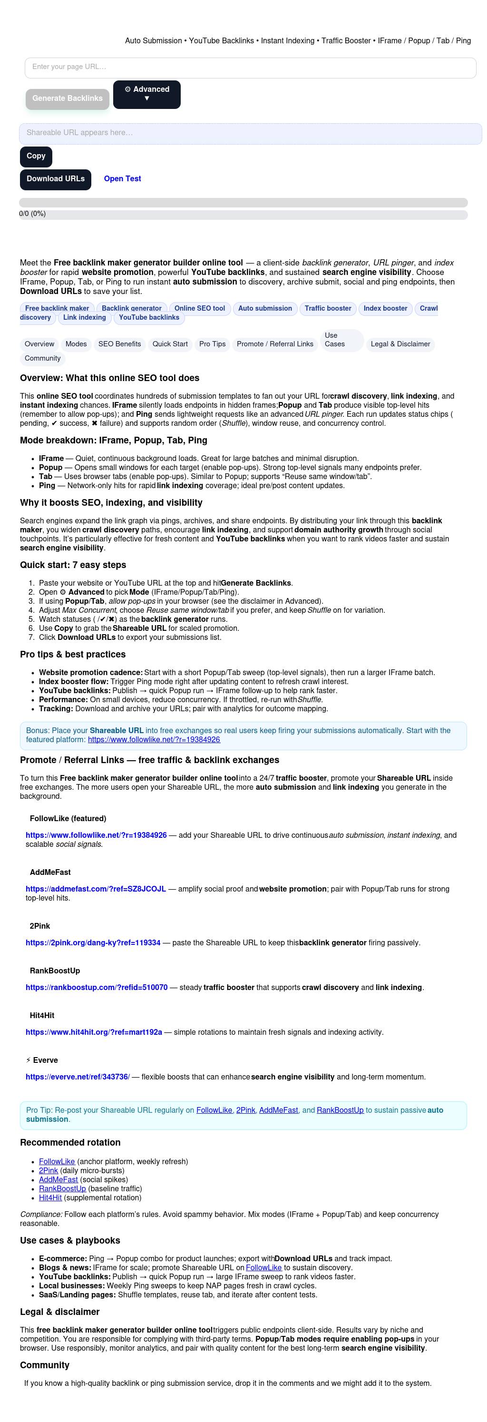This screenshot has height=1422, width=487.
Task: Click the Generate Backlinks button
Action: pyautogui.click(x=67, y=98)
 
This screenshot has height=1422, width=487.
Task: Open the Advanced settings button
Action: pyautogui.click(x=146, y=94)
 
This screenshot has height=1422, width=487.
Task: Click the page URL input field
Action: pyautogui.click(x=250, y=68)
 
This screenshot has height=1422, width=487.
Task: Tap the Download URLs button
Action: pyautogui.click(x=55, y=179)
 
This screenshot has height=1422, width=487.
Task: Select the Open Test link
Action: pyautogui.click(x=122, y=179)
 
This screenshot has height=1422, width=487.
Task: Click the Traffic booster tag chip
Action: pyautogui.click(x=328, y=309)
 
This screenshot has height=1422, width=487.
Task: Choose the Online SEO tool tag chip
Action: pyautogui.click(x=200, y=309)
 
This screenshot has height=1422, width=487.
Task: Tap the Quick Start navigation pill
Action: pyautogui.click(x=170, y=344)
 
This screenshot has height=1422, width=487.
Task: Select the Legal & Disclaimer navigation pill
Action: pyautogui.click(x=400, y=344)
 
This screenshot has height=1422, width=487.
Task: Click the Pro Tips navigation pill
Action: pyautogui.click(x=212, y=344)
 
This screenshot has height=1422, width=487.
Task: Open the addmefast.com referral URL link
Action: pyautogui.click(x=96, y=889)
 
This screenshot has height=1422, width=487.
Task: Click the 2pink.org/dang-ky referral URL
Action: pyautogui.click(x=93, y=942)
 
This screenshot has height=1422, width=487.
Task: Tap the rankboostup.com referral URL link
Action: pyautogui.click(x=97, y=987)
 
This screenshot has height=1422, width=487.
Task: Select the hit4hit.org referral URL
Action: pyautogui.click(x=94, y=1032)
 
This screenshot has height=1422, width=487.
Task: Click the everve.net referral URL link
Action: pyautogui.click(x=77, y=1077)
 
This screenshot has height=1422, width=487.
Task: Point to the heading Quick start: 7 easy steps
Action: pyautogui.click(x=73, y=565)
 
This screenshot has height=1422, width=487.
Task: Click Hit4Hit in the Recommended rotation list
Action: pyautogui.click(x=50, y=1197)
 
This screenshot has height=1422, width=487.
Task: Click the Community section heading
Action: pyautogui.click(x=45, y=1364)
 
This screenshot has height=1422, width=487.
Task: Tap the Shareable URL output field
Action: pyautogui.click(x=250, y=133)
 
